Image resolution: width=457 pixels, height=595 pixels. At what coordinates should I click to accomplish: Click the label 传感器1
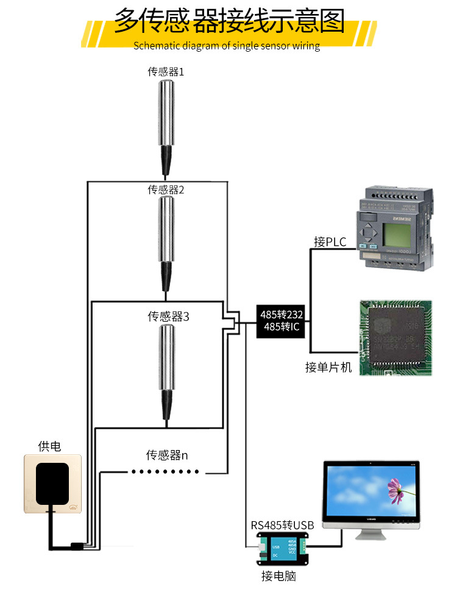166,72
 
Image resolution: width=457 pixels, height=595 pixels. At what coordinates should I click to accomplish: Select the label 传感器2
166,189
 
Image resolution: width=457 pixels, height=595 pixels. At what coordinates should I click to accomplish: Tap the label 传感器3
169,317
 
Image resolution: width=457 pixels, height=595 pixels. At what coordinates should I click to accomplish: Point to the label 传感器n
167,455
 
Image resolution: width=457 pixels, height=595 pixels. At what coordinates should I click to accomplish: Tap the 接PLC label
330,242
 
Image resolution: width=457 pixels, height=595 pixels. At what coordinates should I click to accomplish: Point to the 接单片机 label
328,367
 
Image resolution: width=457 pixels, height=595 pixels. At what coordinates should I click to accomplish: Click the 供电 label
49,447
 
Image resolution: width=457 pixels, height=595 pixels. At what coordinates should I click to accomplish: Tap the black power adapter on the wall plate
52,484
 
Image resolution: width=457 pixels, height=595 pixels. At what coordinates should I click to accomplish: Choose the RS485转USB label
282,525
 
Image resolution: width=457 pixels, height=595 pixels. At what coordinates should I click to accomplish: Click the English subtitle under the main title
227,46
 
